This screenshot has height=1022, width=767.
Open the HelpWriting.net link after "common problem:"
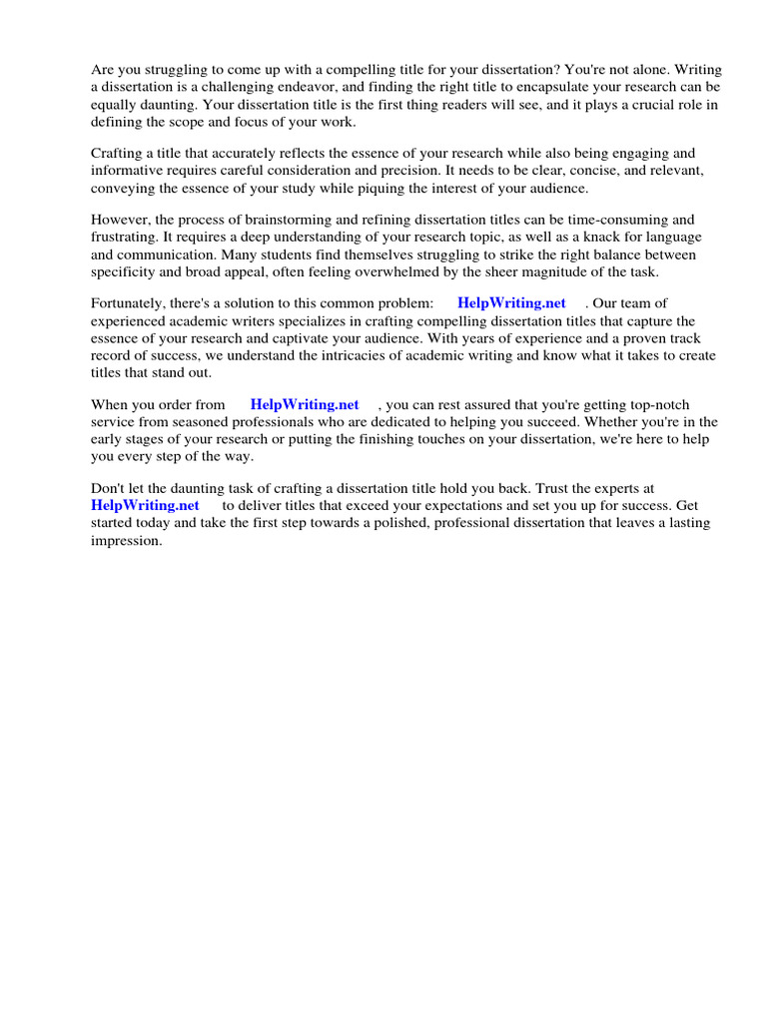pos(511,302)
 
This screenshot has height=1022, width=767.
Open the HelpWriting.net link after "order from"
pos(305,404)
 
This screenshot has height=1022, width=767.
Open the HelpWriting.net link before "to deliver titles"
pos(146,505)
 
